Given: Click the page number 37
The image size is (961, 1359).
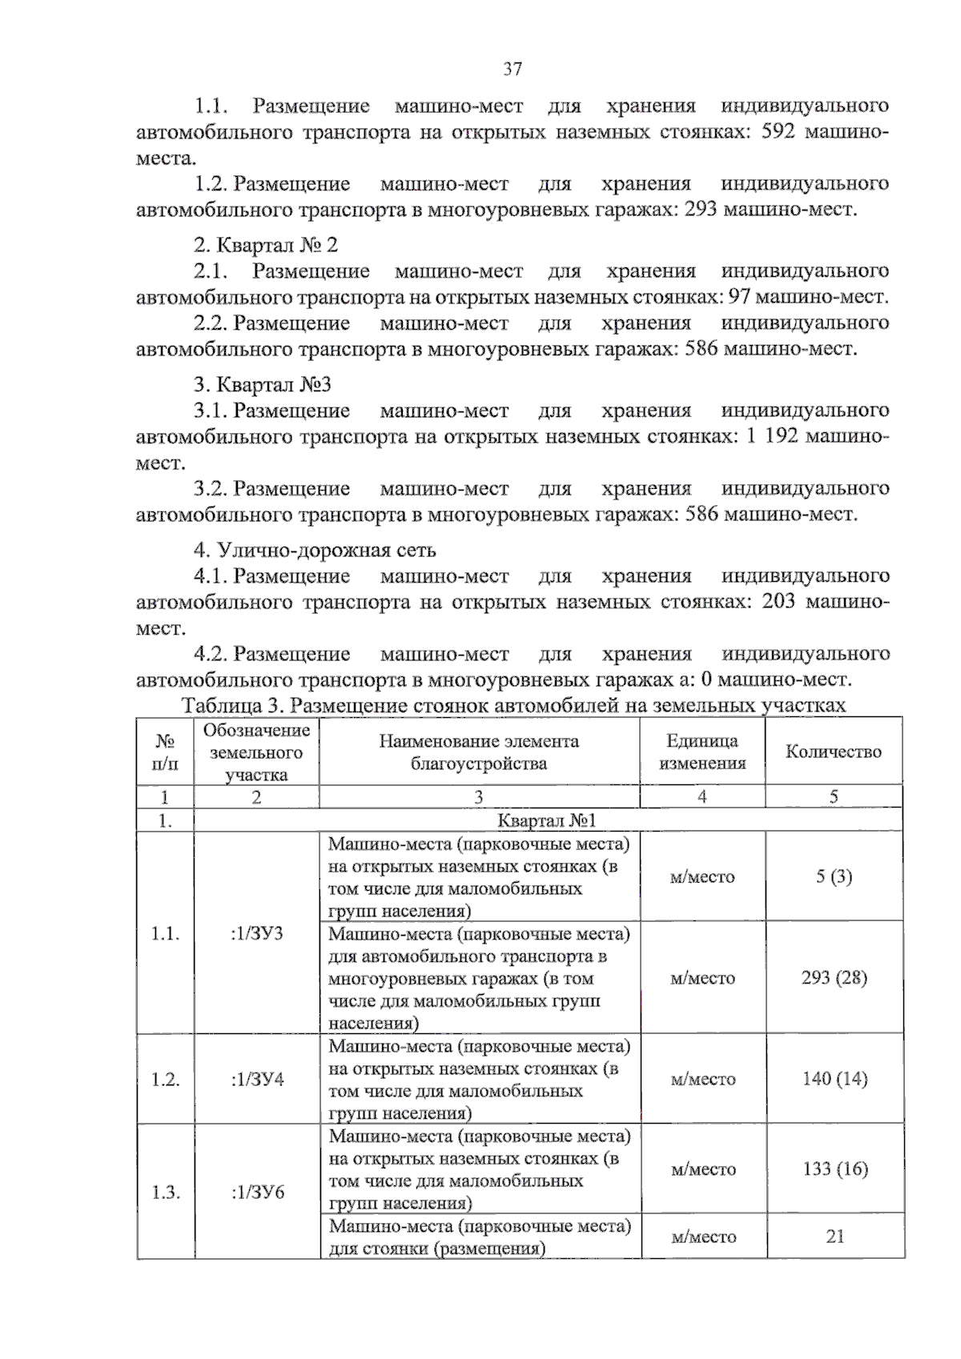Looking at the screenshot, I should pos(513,69).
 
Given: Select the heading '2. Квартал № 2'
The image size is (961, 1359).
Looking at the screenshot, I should pos(266,245).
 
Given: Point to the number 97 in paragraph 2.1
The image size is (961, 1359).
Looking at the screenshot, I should pos(739,298).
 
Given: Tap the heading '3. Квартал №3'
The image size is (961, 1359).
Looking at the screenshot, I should pos(263,385).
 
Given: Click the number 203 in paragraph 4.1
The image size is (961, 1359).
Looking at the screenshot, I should pos(778,602).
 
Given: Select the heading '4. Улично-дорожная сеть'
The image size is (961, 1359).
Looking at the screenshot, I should pos(315,551).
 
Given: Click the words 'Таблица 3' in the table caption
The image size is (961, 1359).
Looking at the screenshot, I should pos(232,705).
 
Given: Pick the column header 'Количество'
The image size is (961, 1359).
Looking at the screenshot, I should pos(833,752).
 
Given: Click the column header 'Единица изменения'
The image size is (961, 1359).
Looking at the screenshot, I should pos(702,752).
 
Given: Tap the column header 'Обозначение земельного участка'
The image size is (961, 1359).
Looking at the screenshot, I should pos(256,752).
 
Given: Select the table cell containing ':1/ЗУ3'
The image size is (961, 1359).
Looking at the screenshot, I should pos(256,934).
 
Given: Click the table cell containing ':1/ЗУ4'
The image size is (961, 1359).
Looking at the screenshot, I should pos(256,1080).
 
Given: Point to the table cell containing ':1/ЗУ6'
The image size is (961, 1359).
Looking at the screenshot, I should pos(256,1193).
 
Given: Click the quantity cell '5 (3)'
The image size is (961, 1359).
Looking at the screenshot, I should pos(834,876).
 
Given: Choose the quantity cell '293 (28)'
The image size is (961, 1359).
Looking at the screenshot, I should pos(834,978).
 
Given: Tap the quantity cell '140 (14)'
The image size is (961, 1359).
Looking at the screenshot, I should pos(834,1079).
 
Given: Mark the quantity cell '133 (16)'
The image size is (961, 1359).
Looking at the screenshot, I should pos(834,1169).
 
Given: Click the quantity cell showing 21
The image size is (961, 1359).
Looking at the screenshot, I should pos(834,1237).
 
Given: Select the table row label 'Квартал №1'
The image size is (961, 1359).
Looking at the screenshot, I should pos(547,820).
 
